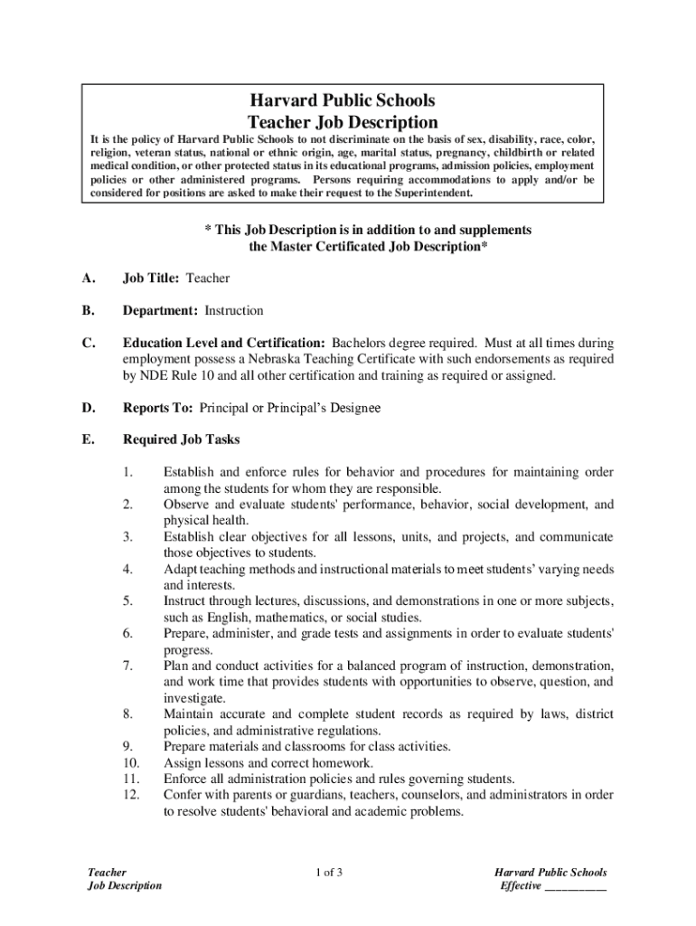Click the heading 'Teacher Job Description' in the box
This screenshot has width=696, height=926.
343,122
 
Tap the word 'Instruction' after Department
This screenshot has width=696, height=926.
233,311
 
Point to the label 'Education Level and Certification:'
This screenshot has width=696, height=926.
224,344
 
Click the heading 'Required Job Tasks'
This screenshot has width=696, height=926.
181,440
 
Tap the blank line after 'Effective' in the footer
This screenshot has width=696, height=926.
575,886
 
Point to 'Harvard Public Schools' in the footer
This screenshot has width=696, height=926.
550,873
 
